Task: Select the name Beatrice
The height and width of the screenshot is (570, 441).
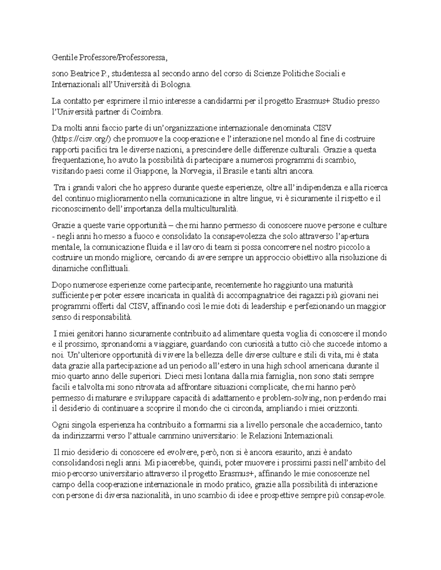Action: coord(83,74)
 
